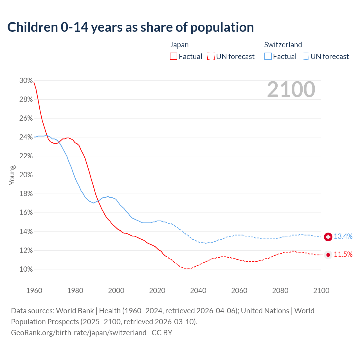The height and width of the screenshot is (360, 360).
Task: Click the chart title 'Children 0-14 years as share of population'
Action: coord(130,27)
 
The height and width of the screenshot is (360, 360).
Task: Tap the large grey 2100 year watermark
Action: coord(291,89)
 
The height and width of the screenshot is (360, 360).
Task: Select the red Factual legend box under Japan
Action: coord(174,57)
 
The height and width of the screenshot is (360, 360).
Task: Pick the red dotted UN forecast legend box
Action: coord(211,57)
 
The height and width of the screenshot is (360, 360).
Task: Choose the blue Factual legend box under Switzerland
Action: coord(268,57)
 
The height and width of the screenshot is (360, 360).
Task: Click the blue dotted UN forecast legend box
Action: coord(305,57)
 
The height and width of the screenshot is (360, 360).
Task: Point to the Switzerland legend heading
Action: coord(283,45)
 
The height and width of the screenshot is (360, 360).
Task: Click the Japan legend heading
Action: coord(179,45)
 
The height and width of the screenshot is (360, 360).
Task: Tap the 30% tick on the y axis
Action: coord(26,81)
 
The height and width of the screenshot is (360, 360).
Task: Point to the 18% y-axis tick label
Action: coord(26,194)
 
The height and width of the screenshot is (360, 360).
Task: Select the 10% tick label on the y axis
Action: coord(26,269)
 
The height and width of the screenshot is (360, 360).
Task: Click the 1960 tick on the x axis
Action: coord(34,291)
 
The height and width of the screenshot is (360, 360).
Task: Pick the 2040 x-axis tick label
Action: coord(198,291)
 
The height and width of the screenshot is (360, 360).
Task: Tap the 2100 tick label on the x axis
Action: coord(321,291)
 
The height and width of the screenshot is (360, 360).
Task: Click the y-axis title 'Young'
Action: coord(12,175)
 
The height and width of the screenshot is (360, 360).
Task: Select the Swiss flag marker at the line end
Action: coord(328,237)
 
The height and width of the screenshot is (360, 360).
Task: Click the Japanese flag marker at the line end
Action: coord(328,255)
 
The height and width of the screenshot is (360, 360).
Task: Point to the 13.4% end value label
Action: coord(343,237)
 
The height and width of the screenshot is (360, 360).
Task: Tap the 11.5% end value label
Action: coord(343,255)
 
